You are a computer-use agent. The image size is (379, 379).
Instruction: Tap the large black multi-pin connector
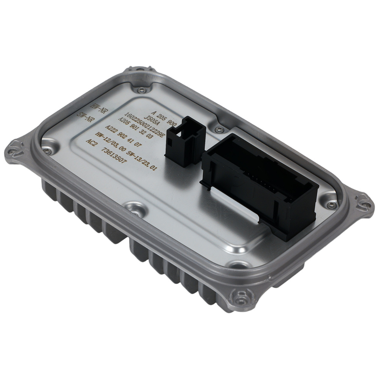(262, 189)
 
